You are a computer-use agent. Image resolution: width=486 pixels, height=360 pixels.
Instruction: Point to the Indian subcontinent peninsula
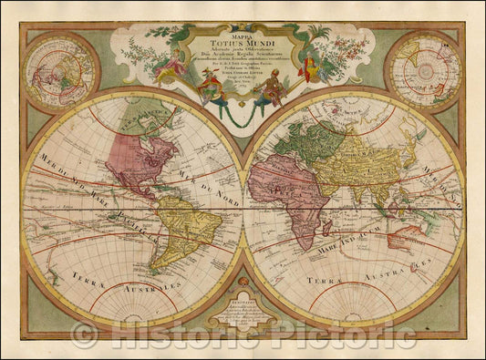[x=363, y=198]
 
